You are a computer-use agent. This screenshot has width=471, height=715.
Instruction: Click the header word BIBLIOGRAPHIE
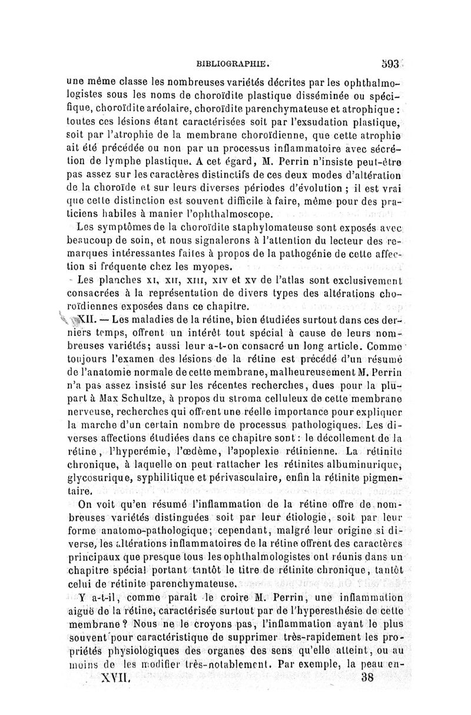point(234,61)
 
